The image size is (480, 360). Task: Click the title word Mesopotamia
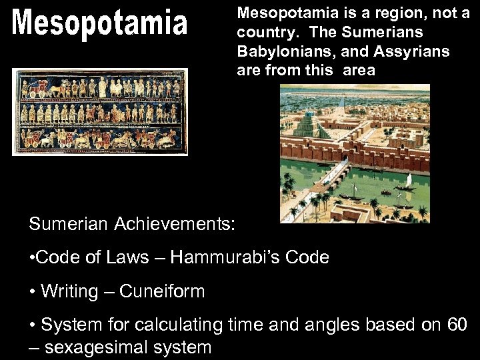(x=100, y=24)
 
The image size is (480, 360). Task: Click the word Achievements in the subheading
(x=175, y=224)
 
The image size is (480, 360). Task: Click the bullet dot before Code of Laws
(x=32, y=258)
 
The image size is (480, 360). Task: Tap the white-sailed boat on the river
(x=407, y=180)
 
